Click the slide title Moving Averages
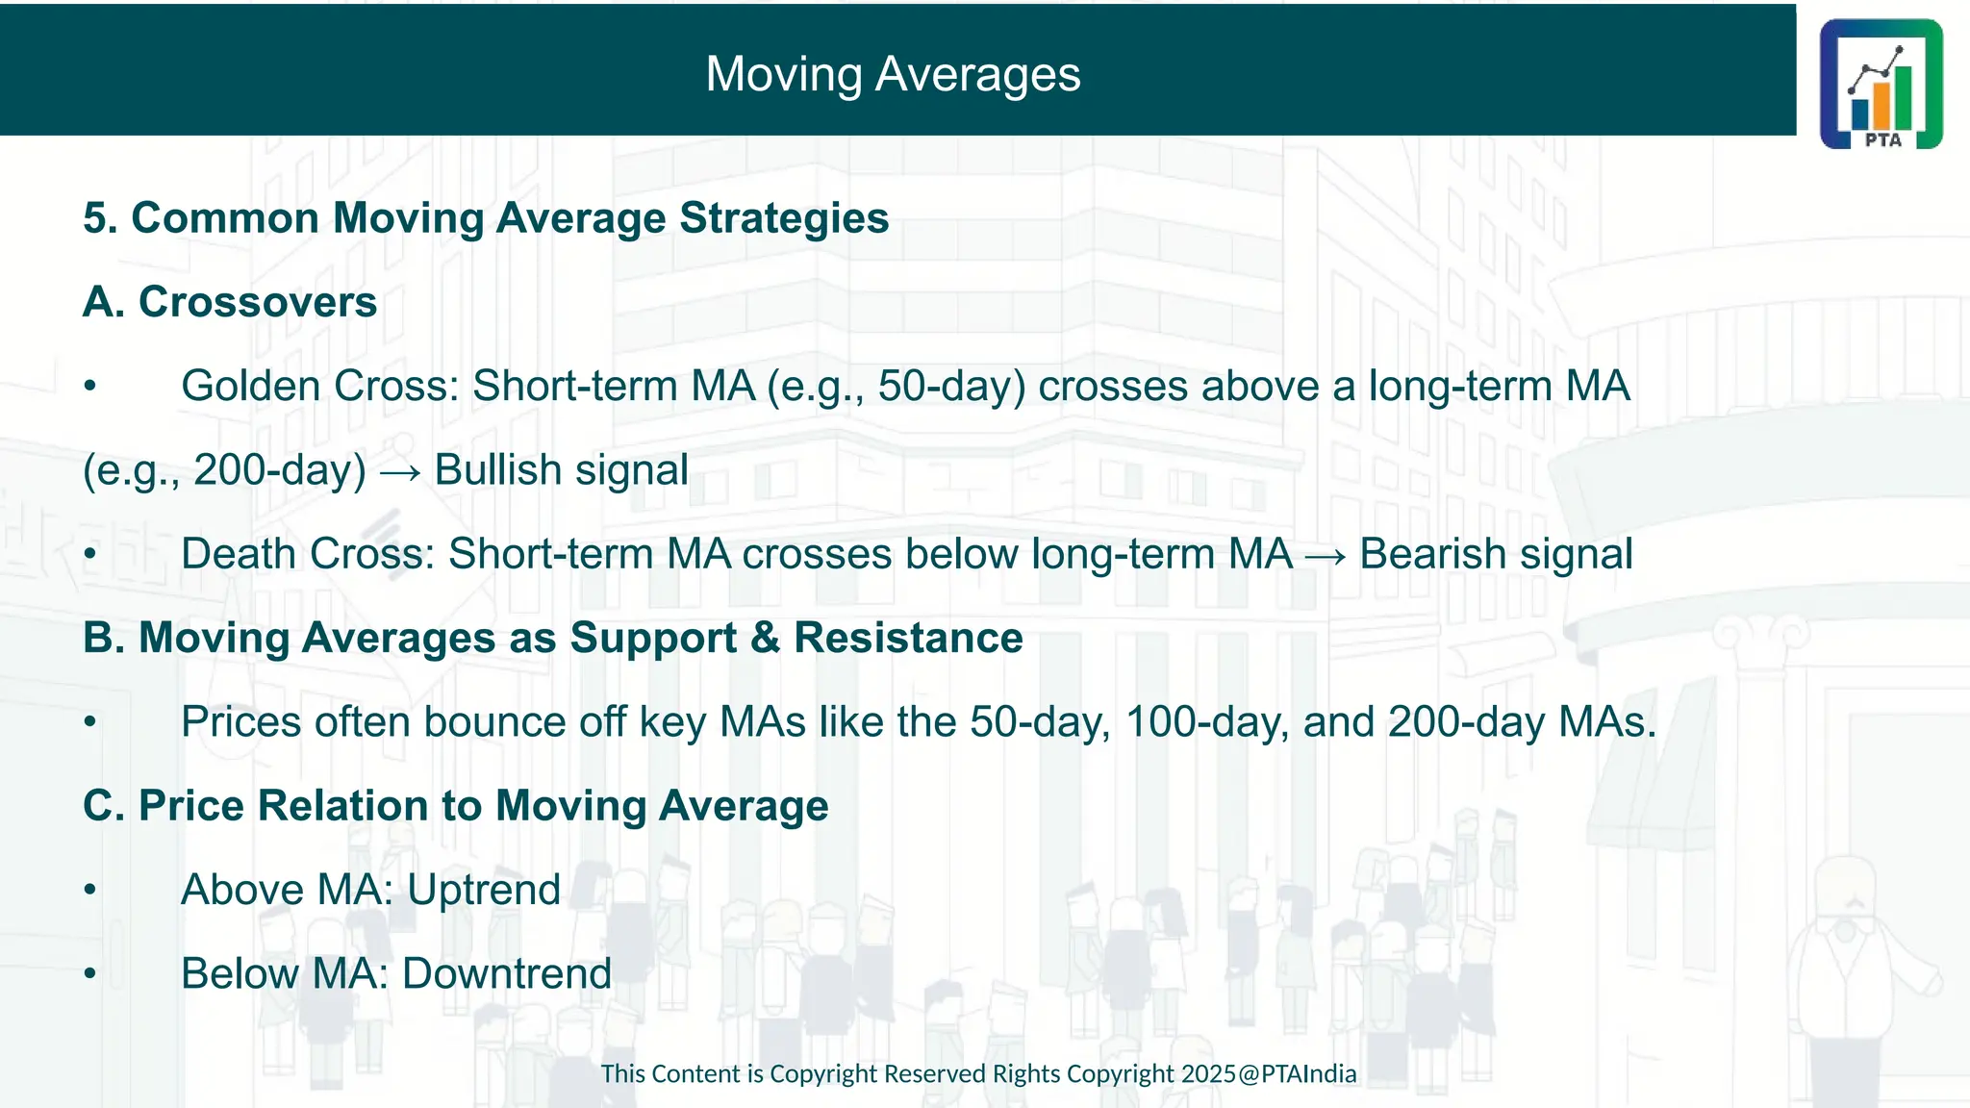tap(893, 74)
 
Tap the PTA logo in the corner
tap(1881, 85)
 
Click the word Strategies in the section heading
tap(784, 218)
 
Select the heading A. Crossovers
tap(230, 302)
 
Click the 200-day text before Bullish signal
tap(279, 470)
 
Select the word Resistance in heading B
tap(908, 639)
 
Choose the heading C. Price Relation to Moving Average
tap(455, 806)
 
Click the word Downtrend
tap(506, 974)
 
